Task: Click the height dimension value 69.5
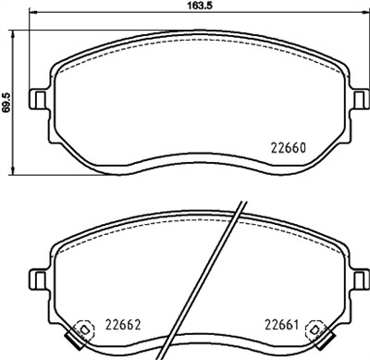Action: pos(7,99)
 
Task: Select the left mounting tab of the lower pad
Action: pos(38,278)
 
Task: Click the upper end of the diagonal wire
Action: pos(242,202)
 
